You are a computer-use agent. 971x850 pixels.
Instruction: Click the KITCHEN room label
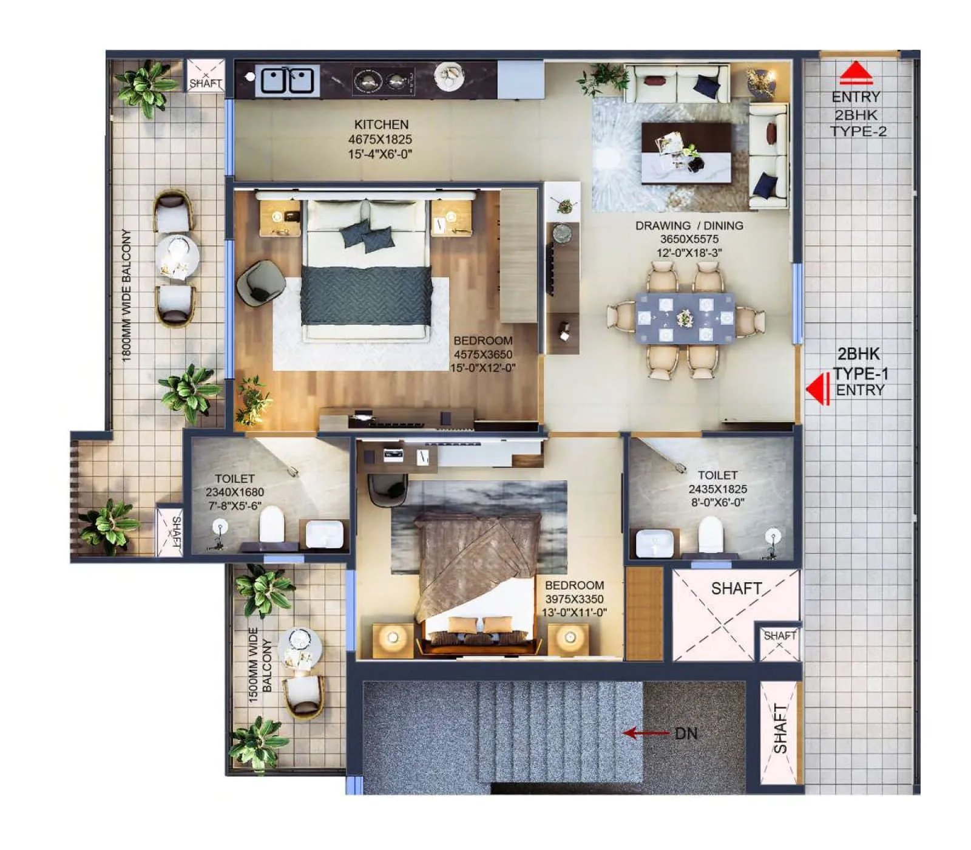(381, 124)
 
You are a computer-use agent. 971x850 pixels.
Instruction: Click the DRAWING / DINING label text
(689, 225)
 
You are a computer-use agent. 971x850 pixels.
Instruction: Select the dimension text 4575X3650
(483, 354)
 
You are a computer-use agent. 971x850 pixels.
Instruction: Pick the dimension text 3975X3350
(574, 599)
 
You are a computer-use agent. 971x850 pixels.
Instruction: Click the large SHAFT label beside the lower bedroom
(736, 588)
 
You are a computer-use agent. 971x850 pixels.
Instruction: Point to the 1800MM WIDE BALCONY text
(127, 295)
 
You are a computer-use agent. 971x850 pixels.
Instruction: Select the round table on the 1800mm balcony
(177, 257)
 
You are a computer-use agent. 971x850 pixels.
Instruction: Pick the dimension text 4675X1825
(380, 139)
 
